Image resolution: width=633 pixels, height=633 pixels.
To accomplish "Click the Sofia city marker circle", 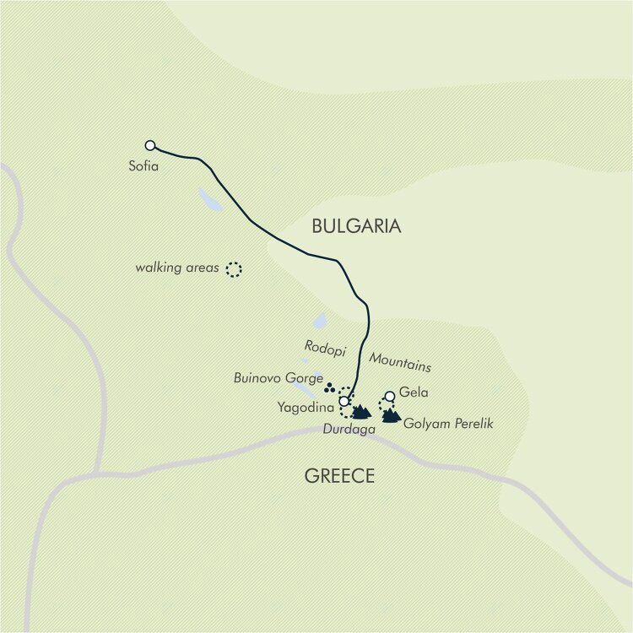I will [150, 145].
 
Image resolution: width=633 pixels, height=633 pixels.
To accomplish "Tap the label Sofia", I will [143, 166].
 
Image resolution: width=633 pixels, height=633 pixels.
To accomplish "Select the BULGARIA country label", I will [356, 226].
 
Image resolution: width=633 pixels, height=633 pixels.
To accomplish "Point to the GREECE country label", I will [339, 477].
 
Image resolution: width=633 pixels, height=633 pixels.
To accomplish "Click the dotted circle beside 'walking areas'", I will [233, 269].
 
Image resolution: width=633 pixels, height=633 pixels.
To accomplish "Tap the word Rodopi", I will [323, 348].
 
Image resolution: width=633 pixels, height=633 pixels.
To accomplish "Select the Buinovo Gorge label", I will [279, 379].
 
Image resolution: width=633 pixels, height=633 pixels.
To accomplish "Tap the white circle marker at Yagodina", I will [344, 401].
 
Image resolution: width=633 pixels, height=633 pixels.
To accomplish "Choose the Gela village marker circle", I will [389, 396].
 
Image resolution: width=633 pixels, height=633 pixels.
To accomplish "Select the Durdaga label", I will [349, 430].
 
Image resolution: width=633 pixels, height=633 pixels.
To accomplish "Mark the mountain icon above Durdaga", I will [361, 412].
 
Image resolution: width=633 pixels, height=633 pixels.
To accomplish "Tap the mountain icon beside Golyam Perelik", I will [391, 414].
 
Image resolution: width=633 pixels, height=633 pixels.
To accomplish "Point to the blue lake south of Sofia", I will [209, 200].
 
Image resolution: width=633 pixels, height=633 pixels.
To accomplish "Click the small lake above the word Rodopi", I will [320, 321].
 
